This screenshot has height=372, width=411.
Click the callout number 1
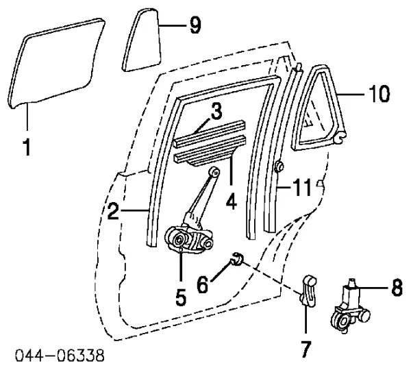pos(27,147)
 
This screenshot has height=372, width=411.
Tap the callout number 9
pos(195,25)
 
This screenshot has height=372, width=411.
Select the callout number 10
pos(379,94)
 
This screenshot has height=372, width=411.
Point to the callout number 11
pos(302,187)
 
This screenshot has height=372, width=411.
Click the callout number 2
pos(114,211)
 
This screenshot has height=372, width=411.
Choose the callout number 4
pos(231,201)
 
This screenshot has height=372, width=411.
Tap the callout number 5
pos(181,297)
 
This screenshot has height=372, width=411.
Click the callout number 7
pos(306,349)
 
